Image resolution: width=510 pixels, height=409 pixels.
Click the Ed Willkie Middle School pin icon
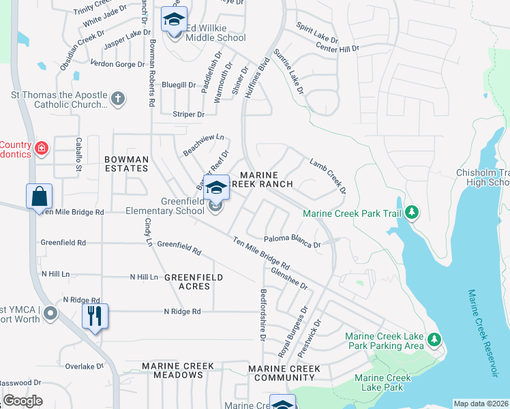pos(174,20)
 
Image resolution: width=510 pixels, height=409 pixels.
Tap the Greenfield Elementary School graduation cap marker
pos(216,187)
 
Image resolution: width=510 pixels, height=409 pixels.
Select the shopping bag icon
pos(39,196)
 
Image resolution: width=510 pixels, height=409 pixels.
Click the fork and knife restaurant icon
pos(94,316)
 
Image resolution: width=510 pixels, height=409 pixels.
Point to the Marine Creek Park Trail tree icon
pos(411,213)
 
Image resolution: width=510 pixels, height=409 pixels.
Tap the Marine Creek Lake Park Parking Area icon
pos(433,339)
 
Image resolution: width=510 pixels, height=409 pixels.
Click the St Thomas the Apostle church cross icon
pos(117,99)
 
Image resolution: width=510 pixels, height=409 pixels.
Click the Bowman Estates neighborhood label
pos(126,164)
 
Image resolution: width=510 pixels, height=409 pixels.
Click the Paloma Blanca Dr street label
pos(292,241)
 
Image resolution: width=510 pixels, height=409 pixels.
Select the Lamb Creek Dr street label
pos(328,176)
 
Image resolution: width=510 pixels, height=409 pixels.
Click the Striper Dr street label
pos(188,115)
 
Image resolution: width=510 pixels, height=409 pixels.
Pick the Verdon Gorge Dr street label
pos(117,64)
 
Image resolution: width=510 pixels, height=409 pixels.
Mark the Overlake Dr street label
pos(85,366)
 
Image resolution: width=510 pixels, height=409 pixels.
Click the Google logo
pos(22,401)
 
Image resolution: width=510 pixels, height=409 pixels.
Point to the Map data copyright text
pos(480,404)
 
